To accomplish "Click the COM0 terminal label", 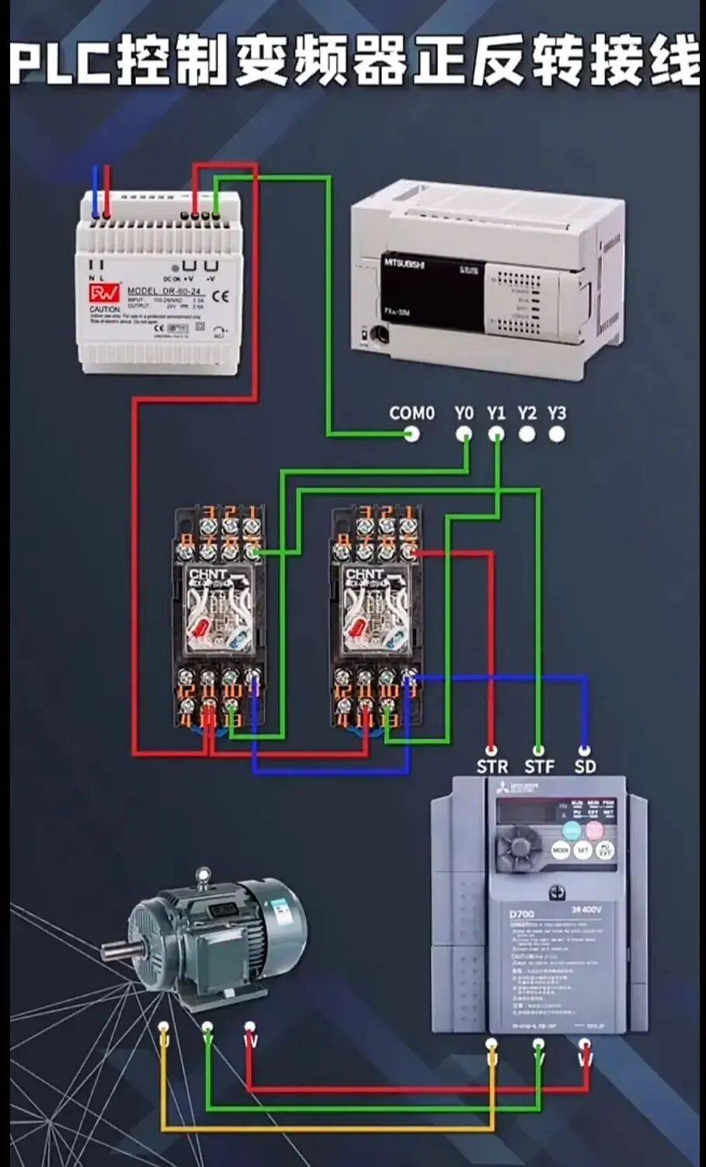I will [412, 413].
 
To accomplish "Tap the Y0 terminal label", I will [464, 413].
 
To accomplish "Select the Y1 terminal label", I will [496, 413].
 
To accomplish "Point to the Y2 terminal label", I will [527, 413].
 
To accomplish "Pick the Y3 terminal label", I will [557, 413].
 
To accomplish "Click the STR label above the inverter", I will [492, 767].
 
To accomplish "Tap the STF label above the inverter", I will [539, 767].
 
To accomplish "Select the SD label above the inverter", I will [585, 767].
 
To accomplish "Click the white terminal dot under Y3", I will [557, 434].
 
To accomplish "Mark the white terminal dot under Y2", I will [527, 434].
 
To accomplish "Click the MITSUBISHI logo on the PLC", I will [404, 264].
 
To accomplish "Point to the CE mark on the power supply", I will [221, 295].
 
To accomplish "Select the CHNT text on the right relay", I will [364, 575].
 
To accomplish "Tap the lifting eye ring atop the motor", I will [203, 877].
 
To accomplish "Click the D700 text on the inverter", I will [522, 914].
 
